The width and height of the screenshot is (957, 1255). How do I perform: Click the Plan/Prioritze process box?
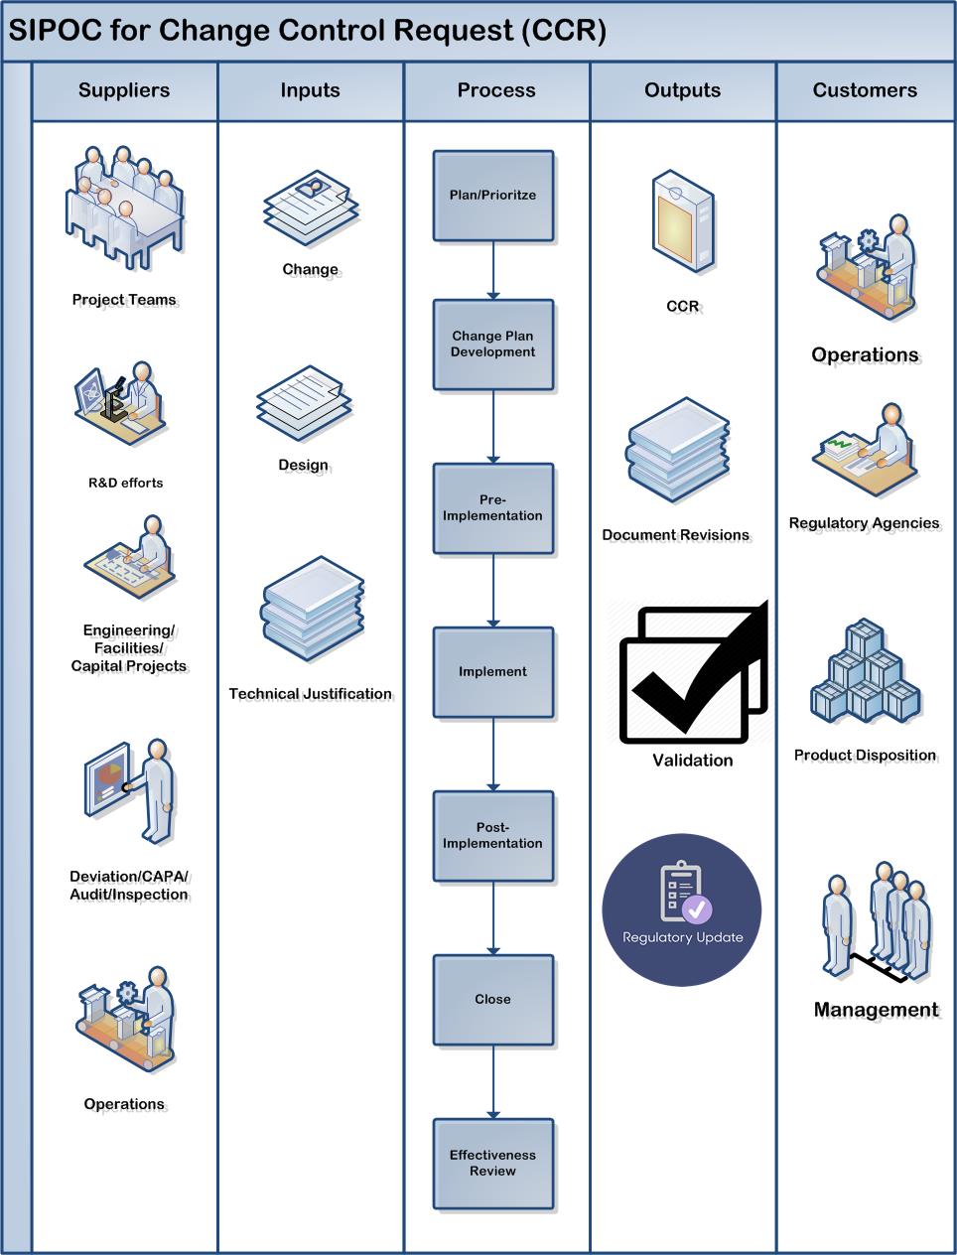(492, 196)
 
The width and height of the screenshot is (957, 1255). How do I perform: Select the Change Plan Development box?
(492, 345)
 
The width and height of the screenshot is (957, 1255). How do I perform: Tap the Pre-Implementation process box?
(492, 508)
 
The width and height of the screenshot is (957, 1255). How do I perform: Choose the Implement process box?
(492, 672)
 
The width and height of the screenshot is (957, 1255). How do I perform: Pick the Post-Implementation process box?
(492, 836)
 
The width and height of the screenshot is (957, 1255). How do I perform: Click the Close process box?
(492, 1000)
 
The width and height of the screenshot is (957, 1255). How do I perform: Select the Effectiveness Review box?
(492, 1164)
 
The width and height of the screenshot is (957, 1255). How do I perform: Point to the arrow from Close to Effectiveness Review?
(493, 1082)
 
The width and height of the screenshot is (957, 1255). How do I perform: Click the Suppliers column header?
(124, 90)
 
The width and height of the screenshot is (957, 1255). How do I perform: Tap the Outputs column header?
(683, 90)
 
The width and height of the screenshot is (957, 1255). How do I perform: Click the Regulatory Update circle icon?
(682, 909)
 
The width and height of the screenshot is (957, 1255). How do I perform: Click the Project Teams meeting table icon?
(123, 209)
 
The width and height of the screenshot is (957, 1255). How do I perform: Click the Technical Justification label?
(310, 694)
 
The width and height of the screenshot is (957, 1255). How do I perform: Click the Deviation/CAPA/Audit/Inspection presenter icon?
(130, 790)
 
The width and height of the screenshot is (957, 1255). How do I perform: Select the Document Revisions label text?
(675, 535)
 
